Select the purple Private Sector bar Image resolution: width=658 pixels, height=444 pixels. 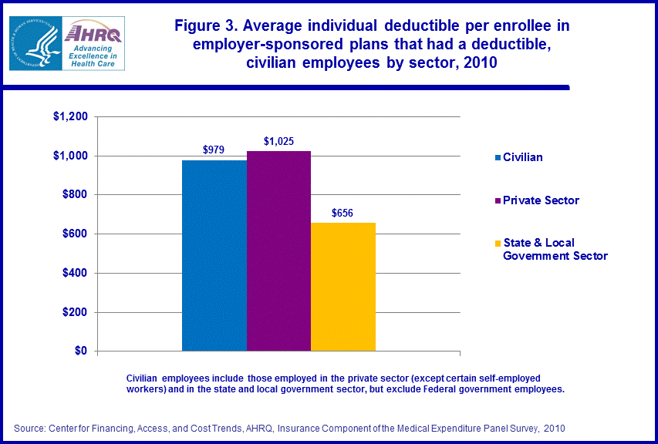(278, 251)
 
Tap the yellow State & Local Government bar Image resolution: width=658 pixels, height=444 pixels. (343, 287)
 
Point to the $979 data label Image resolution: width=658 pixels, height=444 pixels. (214, 150)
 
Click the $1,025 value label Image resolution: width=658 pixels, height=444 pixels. (278, 141)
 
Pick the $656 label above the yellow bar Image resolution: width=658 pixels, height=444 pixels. (343, 213)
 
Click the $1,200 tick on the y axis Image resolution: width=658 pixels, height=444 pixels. (70, 117)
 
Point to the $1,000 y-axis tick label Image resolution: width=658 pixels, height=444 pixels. (70, 156)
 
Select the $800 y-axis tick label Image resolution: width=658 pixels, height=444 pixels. (75, 195)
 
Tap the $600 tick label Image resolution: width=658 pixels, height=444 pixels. (75, 234)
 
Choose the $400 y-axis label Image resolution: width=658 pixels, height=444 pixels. (75, 274)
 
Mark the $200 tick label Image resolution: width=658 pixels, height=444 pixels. (75, 313)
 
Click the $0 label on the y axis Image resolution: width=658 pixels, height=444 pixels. (80, 351)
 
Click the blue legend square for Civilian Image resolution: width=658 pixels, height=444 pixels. (497, 158)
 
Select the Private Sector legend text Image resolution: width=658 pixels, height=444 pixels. (541, 200)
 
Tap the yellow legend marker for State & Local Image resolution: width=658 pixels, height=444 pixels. (497, 243)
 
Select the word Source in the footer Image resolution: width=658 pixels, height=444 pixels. (30, 427)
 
